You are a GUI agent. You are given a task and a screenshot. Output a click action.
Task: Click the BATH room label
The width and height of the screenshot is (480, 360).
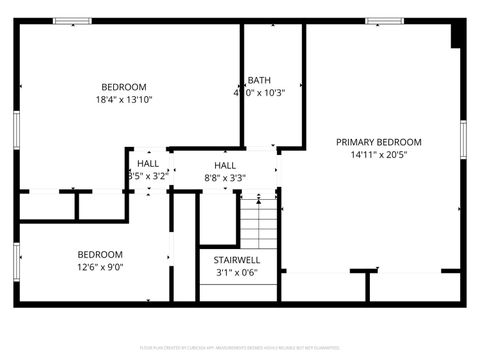pos(259,80)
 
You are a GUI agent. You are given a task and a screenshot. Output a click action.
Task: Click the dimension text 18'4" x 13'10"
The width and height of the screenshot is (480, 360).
pos(124,99)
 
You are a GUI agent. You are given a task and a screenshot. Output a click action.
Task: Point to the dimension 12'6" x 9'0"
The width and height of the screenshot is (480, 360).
pos(100,267)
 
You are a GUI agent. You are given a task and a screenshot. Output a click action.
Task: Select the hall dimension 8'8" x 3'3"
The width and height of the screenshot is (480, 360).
pos(225,178)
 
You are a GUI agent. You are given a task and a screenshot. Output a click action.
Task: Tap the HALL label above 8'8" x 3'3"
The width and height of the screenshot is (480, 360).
pos(225,165)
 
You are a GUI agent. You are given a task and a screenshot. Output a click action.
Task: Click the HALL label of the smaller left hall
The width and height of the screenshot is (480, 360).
pos(148,163)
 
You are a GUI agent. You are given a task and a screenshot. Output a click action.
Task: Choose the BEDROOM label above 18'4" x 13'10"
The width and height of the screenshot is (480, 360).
pos(124,86)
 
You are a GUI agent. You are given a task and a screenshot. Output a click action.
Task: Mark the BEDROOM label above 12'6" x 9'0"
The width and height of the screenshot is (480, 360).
pos(100,254)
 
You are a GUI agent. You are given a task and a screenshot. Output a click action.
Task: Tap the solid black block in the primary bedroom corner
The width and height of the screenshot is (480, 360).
pos(457,35)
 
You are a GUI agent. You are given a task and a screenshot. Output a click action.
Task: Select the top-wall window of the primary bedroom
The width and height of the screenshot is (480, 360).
pos(378,21)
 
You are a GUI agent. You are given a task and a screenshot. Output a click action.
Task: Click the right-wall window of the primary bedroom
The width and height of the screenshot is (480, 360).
pos(462,140)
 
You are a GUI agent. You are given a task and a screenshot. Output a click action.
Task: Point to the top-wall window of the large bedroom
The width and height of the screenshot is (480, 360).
pos(72,21)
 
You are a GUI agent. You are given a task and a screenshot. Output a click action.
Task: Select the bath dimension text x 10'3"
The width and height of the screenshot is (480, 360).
pos(268,93)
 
